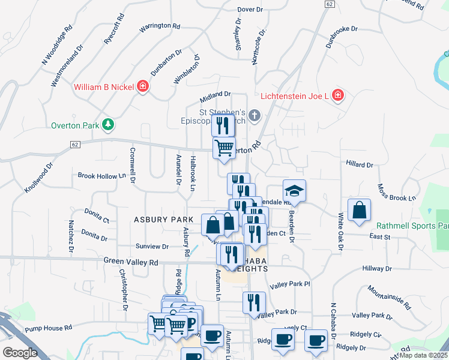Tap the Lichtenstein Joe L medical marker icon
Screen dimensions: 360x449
pos(338,95)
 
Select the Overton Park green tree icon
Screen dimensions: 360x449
pos(108,125)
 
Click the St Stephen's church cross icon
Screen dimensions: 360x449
pos(255,115)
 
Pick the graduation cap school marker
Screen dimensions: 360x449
pos(294,191)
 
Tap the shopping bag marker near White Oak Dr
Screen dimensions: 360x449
pos(359,211)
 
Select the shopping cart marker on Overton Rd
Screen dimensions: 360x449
pos(224,148)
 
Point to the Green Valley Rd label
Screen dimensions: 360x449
pos(130,262)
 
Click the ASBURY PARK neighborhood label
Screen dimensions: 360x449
pos(163,220)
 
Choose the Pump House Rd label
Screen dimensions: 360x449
pos(49,328)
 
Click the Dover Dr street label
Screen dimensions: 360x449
pos(250,10)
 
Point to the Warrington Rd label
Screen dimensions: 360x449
pos(160,27)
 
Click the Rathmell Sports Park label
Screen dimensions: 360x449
pos(412,226)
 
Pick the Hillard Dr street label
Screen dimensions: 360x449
pos(360,164)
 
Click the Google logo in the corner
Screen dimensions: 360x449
pos(20,353)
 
